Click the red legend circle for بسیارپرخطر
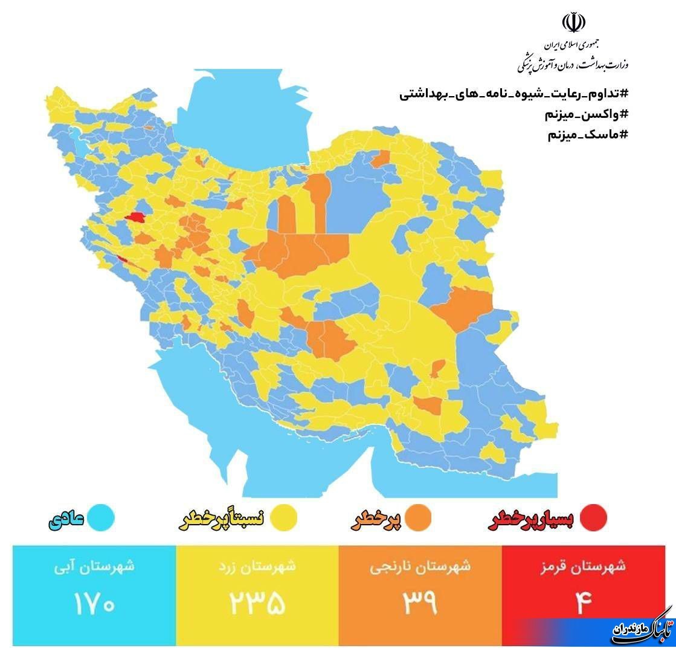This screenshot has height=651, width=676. coord(592,517)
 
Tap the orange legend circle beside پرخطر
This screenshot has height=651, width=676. coord(418,517)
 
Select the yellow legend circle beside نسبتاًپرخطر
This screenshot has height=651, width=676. coord(283,517)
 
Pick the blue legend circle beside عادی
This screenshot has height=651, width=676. coord(100,517)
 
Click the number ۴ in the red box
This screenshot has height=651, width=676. coord(583,602)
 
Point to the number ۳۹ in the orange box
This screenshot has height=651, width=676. coord(420,602)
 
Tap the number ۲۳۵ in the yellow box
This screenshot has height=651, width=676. coord(257,602)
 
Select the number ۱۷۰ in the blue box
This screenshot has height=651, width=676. coord(94,602)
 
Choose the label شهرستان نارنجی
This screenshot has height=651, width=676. coord(420,567)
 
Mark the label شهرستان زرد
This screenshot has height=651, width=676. coord(257,567)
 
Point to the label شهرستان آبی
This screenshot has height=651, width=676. coord(94,567)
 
